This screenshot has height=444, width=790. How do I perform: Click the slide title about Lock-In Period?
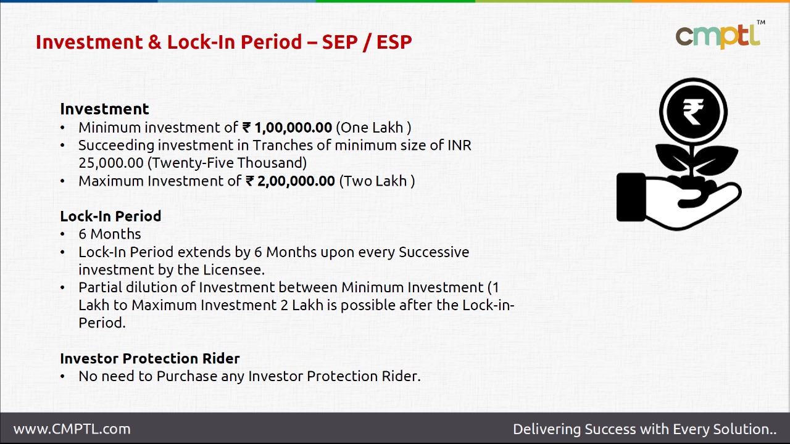click(223, 42)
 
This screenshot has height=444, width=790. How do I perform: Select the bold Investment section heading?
click(104, 109)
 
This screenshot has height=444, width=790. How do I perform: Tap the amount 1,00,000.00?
click(293, 128)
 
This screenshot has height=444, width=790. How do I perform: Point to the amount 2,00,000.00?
click(296, 181)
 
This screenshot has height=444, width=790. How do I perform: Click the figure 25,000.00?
click(111, 163)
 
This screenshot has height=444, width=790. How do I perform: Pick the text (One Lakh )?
click(373, 128)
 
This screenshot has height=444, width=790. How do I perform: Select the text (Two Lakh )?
click(376, 181)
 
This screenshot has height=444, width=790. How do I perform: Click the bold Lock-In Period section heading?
click(110, 216)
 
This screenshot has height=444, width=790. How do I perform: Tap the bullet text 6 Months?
click(109, 234)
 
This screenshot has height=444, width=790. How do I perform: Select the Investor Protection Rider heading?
click(149, 358)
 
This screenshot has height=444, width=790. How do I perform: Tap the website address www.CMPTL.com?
click(72, 429)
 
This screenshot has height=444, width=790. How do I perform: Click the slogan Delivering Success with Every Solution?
click(644, 429)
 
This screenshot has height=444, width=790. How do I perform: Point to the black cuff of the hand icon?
click(630, 197)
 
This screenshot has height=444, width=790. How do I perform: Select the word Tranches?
click(282, 146)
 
